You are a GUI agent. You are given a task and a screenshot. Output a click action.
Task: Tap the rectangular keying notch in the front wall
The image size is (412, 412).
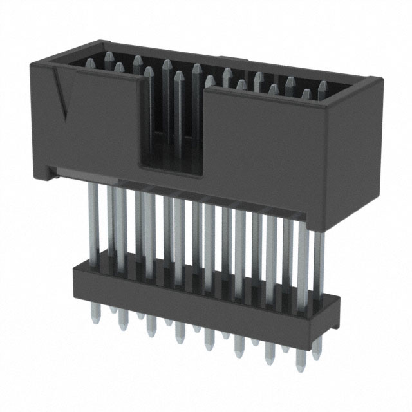pyautogui.click(x=171, y=129)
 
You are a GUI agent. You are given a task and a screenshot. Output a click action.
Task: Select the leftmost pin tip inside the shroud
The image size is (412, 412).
pyautogui.click(x=90, y=62)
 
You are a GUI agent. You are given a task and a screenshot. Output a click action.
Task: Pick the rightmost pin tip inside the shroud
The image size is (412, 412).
pyautogui.click(x=322, y=86)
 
